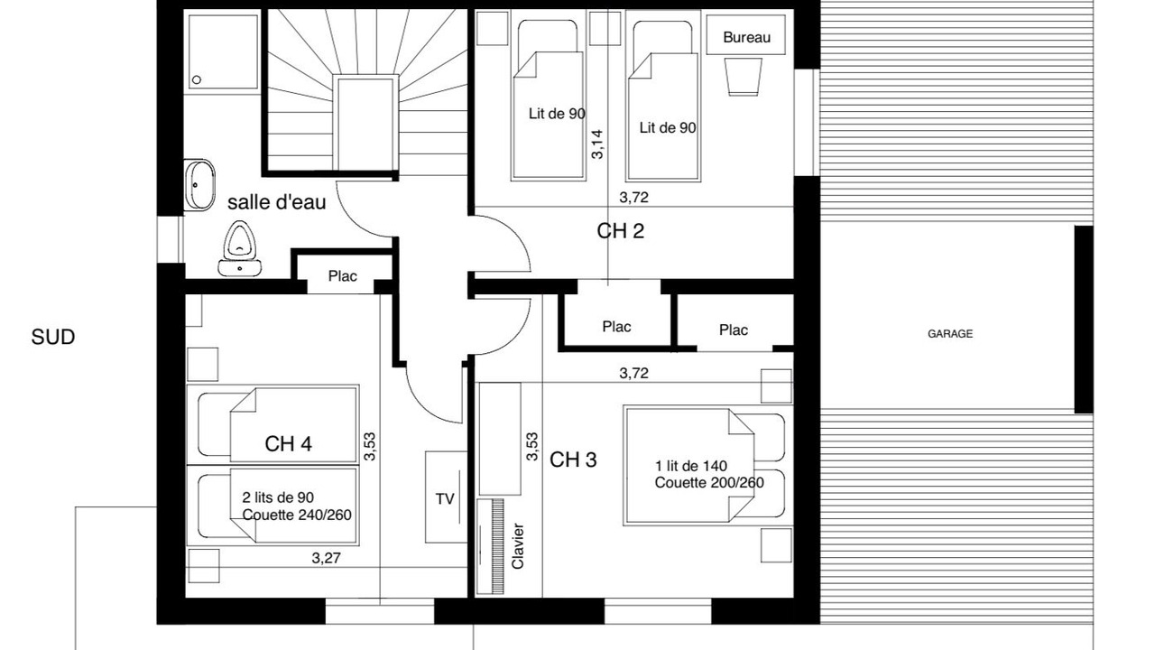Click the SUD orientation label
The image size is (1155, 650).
[x=53, y=338]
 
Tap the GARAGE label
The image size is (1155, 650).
[x=950, y=334]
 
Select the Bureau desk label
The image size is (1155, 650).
[x=746, y=37]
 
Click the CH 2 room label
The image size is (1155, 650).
[x=620, y=230]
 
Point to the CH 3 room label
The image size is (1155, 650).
[x=573, y=460]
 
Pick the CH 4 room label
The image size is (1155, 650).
[x=288, y=443]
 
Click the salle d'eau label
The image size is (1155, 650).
[x=276, y=202]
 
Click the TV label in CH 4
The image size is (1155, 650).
[x=445, y=499]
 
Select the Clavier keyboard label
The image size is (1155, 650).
[x=518, y=546]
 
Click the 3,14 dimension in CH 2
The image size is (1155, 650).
[x=597, y=144]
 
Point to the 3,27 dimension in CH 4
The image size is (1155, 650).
[x=326, y=558]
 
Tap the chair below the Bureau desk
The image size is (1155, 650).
[x=744, y=77]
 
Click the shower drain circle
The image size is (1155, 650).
[x=197, y=80]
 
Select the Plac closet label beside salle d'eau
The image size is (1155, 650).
[x=342, y=276]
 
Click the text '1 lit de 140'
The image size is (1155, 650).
[x=691, y=467]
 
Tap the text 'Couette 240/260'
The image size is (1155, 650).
[x=297, y=515]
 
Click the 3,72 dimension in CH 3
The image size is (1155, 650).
[x=633, y=373]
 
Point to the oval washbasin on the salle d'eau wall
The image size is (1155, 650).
[x=199, y=185]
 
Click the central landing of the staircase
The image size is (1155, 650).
[x=365, y=124]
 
